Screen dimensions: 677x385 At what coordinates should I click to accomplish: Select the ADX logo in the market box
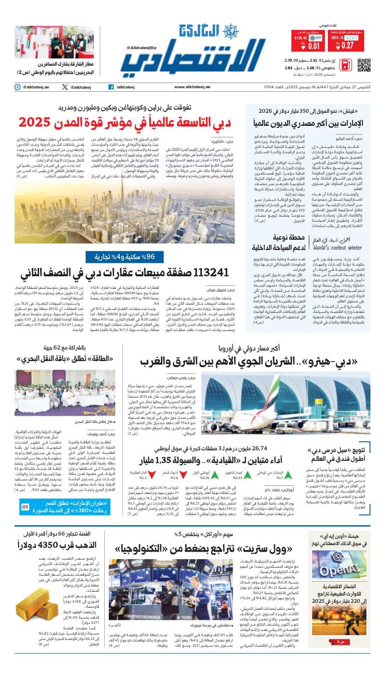[351, 38]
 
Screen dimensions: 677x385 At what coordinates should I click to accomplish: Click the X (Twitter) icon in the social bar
[65, 87]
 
